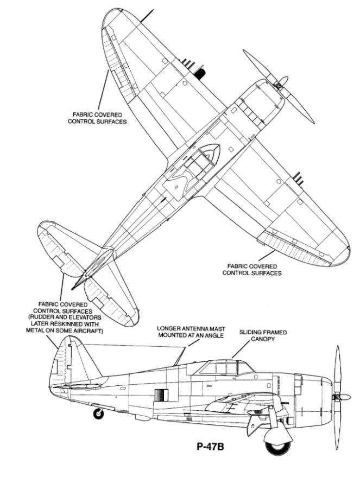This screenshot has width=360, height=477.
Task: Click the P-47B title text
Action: coord(210,447)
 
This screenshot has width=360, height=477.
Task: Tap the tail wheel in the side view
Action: coord(98,414)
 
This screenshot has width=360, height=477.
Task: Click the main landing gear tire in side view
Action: coord(278,448)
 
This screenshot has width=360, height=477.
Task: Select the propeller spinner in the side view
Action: coord(344,397)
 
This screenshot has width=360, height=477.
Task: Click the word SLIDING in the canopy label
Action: coord(250,332)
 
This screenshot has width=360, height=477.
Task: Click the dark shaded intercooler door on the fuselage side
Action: coord(161,395)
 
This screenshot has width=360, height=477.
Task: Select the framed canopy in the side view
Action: coord(225,367)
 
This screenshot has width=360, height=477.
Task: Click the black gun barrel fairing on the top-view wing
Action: coord(200,74)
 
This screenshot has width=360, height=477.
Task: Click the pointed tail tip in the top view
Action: coord(73,288)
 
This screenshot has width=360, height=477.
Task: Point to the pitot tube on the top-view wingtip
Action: coord(147,16)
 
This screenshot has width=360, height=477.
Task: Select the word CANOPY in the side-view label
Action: coord(263,339)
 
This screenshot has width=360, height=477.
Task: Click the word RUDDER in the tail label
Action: coord(40,317)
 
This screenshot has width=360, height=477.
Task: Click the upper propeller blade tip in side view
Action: coord(337,347)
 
